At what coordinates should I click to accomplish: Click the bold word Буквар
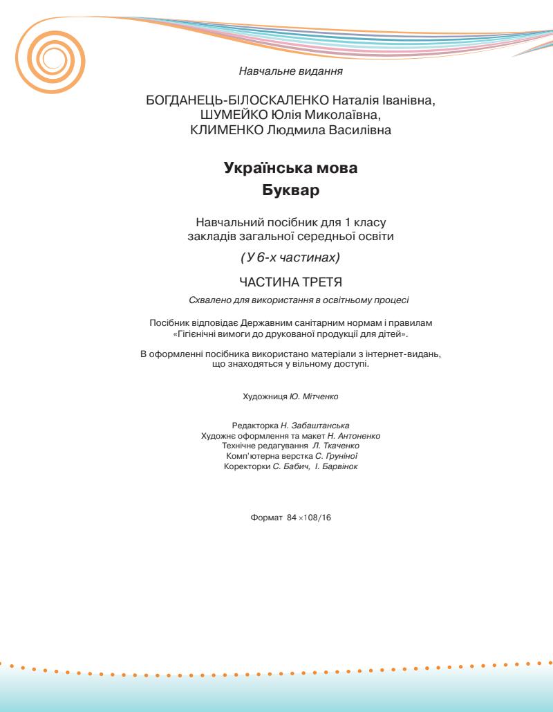(291, 190)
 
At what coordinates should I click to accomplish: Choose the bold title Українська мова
(291, 167)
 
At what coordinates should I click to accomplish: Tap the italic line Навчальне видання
(291, 71)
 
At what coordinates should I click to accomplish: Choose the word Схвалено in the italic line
(208, 300)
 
